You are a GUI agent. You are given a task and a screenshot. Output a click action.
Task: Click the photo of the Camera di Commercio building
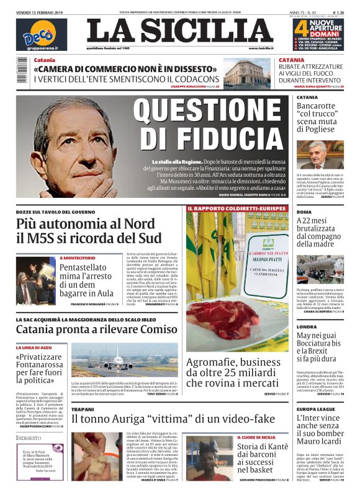click(x=247, y=74)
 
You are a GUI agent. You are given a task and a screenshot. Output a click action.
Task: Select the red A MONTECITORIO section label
click(x=78, y=257)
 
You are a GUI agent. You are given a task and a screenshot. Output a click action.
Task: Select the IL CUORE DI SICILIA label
click(x=258, y=437)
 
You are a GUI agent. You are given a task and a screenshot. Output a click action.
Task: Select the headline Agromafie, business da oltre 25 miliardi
click(x=233, y=372)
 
